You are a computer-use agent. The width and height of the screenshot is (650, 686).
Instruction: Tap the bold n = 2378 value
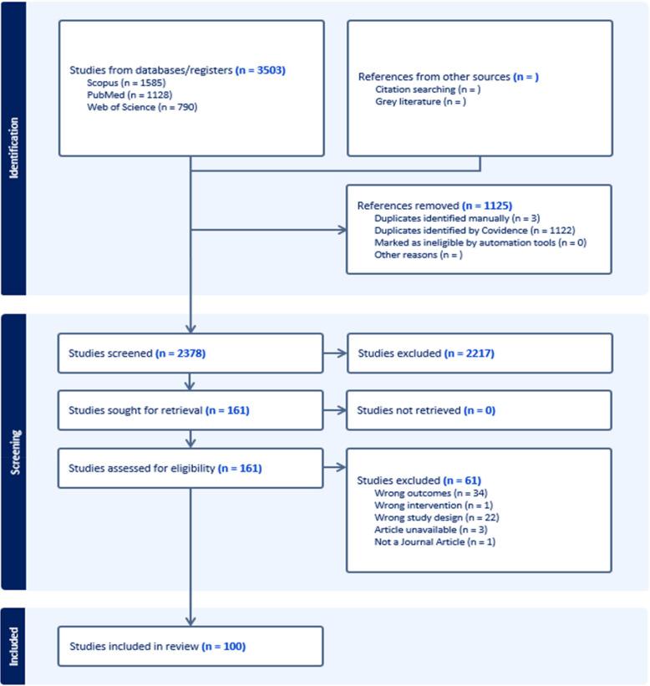pos(180,353)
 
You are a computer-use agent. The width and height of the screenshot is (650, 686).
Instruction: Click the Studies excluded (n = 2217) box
pos(479,353)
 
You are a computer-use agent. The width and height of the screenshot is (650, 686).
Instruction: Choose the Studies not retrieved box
pos(479,410)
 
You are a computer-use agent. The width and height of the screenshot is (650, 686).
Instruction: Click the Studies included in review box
pos(190,646)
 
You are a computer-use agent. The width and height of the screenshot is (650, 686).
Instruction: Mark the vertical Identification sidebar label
pos(13,149)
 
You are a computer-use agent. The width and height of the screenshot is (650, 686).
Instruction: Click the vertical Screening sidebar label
pos(13,453)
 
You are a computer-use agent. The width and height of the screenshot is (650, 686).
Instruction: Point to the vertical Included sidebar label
pos(13,645)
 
